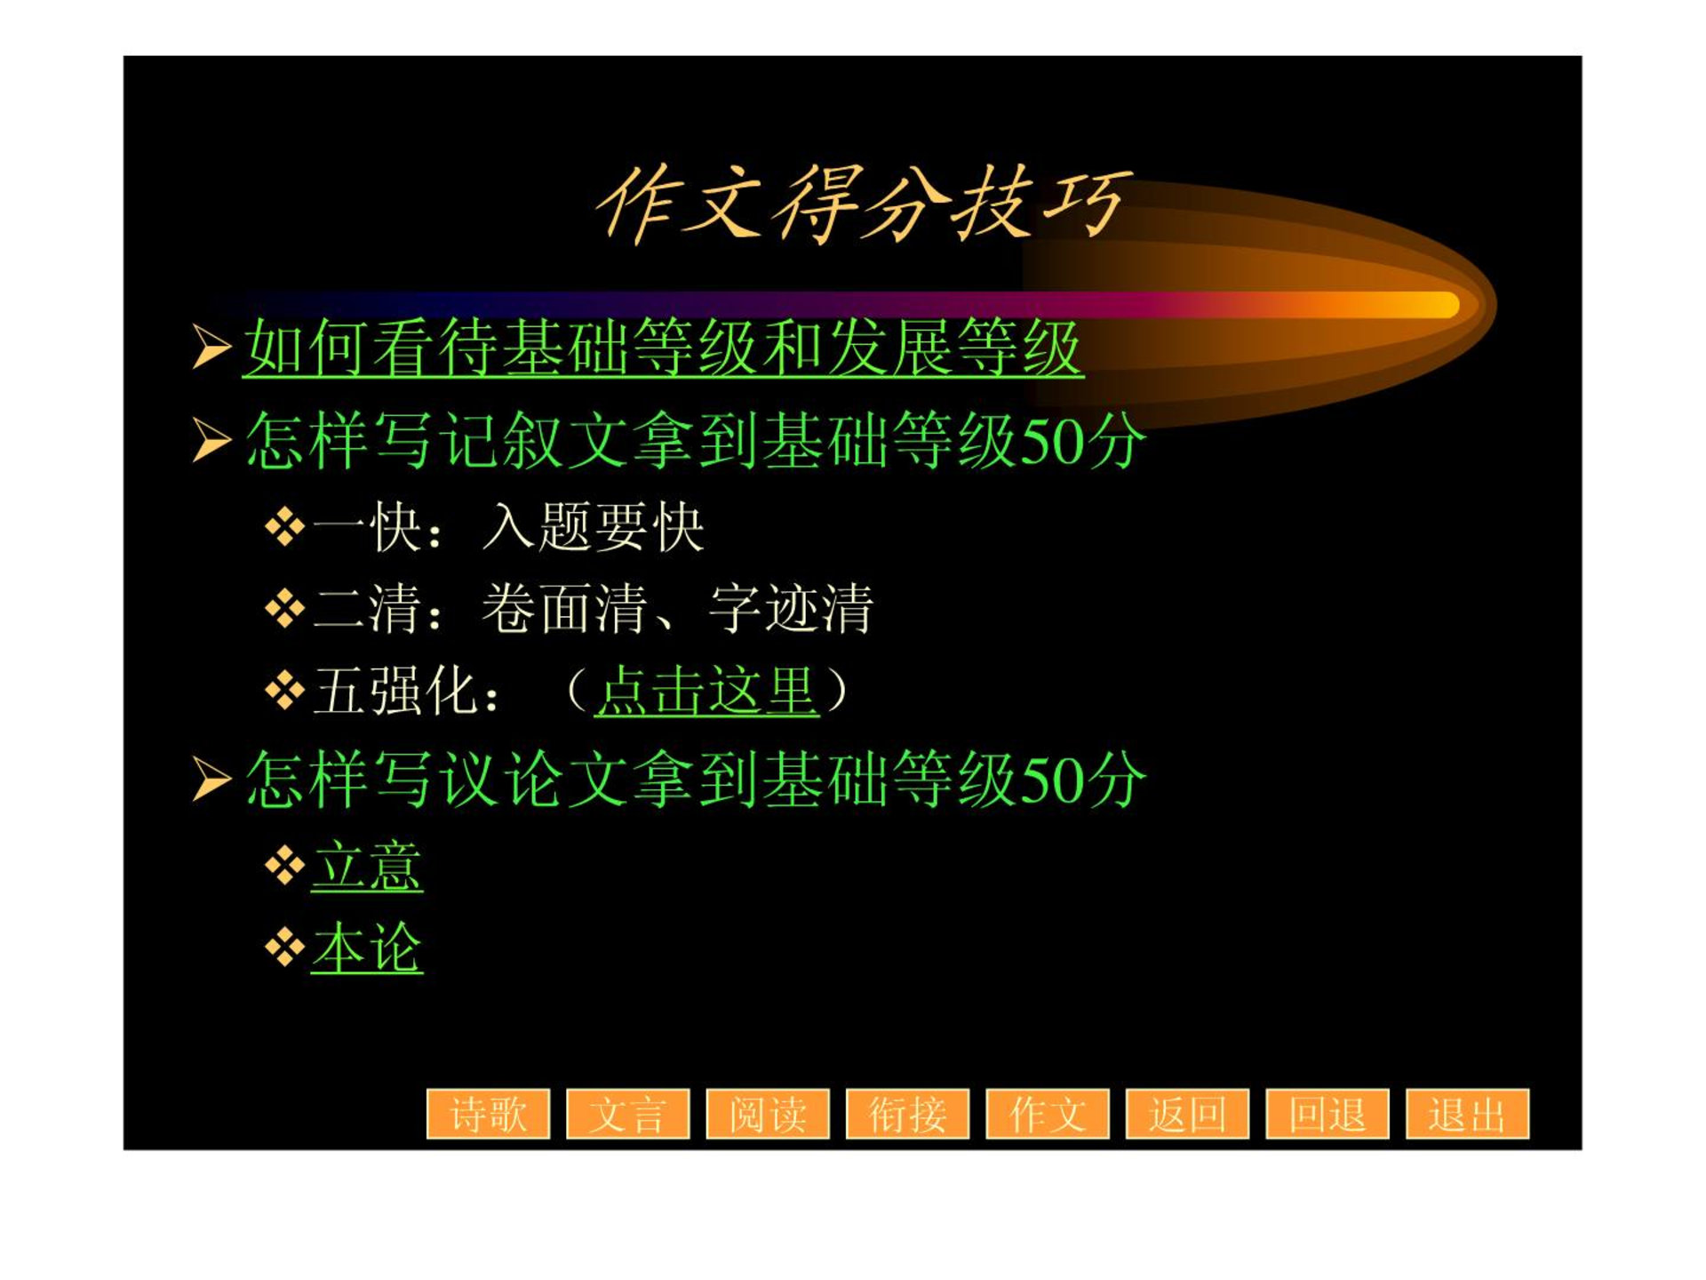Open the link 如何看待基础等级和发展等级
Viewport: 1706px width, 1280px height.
click(663, 348)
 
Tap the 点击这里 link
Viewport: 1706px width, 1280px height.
click(706, 690)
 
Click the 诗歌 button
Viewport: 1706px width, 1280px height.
click(488, 1113)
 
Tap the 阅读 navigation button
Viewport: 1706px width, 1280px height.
click(768, 1113)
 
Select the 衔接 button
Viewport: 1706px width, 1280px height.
click(907, 1113)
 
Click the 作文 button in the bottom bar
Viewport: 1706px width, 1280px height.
click(1048, 1113)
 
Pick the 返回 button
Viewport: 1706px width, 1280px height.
click(1187, 1113)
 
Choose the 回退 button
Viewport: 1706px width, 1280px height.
click(1327, 1113)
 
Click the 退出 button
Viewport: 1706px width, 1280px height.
click(1467, 1113)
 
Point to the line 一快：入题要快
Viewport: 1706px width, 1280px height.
click(508, 527)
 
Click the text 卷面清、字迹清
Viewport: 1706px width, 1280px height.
click(678, 609)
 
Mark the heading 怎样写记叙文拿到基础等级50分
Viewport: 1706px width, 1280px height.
click(696, 440)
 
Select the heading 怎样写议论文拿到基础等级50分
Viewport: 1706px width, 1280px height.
click(696, 779)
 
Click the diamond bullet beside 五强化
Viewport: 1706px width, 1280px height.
click(285, 691)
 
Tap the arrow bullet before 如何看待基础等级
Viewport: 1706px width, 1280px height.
click(211, 347)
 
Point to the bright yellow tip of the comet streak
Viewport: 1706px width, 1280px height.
click(1444, 305)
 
